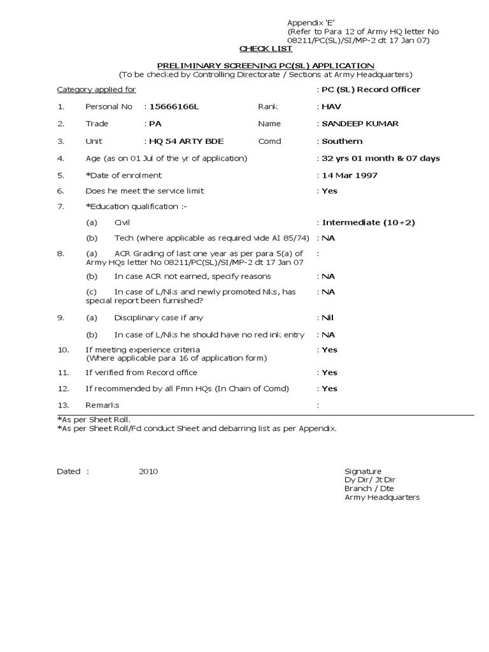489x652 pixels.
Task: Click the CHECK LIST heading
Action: [266, 49]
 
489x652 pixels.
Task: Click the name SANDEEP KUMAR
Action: [360, 124]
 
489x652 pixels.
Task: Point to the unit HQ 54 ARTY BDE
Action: [186, 141]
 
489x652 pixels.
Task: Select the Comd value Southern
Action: [342, 141]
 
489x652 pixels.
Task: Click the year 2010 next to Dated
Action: [148, 472]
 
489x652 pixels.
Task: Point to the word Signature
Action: [363, 472]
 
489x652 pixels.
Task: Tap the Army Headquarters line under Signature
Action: [382, 498]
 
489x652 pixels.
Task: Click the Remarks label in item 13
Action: [102, 406]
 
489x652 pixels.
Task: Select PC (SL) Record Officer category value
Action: [371, 90]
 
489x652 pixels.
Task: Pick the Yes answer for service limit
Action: [330, 191]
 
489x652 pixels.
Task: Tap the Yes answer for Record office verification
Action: [330, 372]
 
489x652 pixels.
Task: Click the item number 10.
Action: [63, 350]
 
